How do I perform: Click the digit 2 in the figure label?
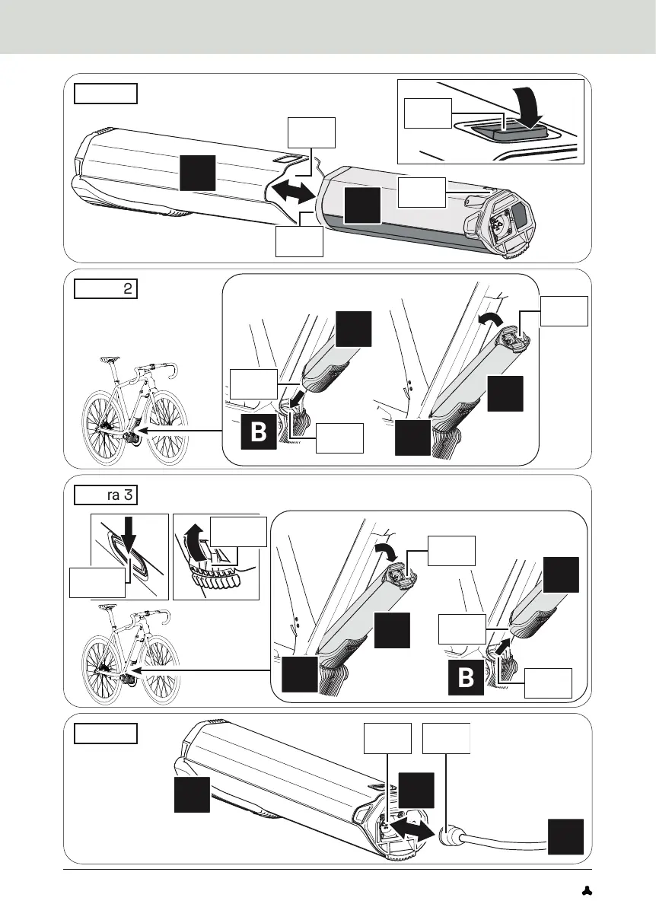pyautogui.click(x=127, y=289)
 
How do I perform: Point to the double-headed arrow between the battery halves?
pyautogui.click(x=292, y=192)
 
